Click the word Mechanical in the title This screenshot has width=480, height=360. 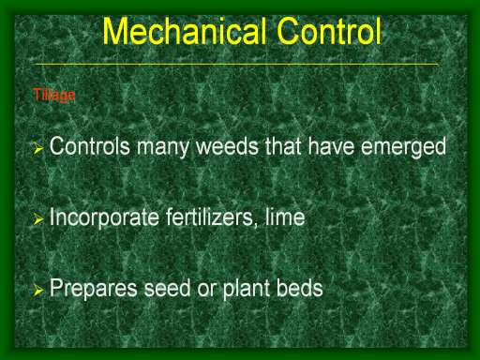point(185,31)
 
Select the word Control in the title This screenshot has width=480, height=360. point(329,31)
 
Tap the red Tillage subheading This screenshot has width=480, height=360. point(54,96)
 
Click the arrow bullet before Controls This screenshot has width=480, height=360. point(37,148)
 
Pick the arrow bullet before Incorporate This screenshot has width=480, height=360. point(37,219)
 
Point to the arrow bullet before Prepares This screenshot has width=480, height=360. point(37,291)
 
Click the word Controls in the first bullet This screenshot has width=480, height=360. point(90,146)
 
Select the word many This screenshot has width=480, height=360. point(163,148)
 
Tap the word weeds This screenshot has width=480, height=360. point(228,146)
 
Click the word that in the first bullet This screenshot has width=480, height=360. point(284,146)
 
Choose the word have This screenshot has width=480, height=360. point(331,146)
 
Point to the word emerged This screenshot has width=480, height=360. point(403,148)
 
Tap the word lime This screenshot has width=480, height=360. point(285,217)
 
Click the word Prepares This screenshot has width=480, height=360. point(94,290)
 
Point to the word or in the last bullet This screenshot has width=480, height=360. point(206,291)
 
